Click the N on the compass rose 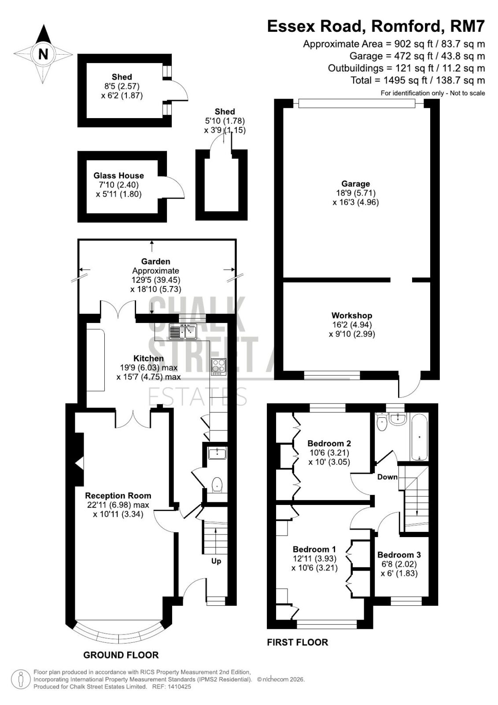point(43,54)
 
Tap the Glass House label point(118,175)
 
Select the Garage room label point(355,183)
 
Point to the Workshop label point(352,315)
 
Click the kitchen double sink point(183,331)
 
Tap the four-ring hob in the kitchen point(219,367)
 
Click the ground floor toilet point(218,484)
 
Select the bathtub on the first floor point(419,438)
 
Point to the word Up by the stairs point(216,561)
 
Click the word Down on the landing point(387,477)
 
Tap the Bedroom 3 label point(399,555)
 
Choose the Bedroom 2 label point(329,443)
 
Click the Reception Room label point(118,496)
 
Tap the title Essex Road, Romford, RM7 point(376,26)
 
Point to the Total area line point(418,80)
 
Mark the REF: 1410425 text point(171,686)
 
